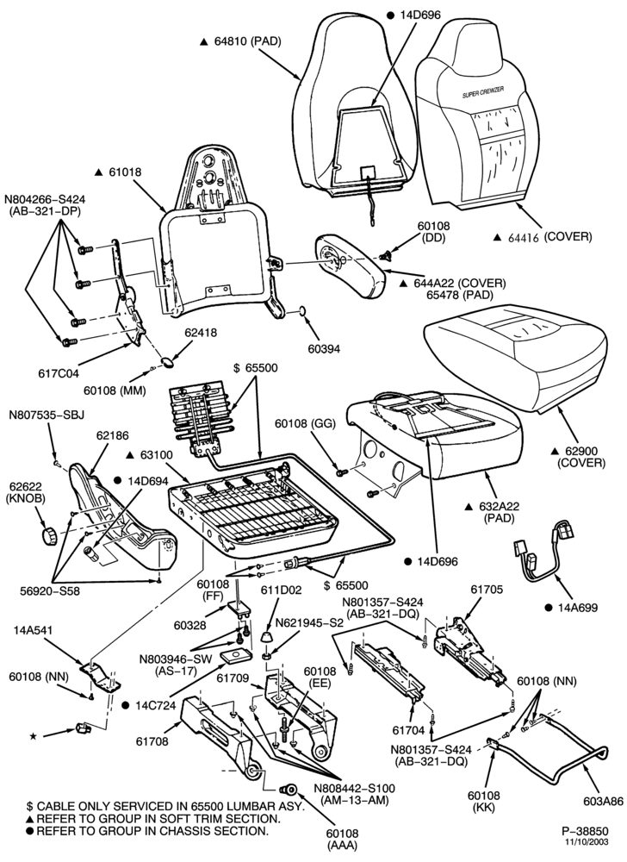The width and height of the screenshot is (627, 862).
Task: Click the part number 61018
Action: [x=125, y=172]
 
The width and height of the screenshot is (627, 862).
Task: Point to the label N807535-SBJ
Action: [x=47, y=415]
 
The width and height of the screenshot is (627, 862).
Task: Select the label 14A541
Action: [x=34, y=630]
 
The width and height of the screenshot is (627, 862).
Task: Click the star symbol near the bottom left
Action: [x=34, y=736]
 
